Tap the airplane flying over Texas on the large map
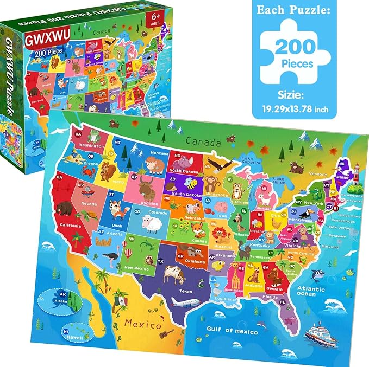pos(183,301)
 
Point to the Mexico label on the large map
pos(142,325)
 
